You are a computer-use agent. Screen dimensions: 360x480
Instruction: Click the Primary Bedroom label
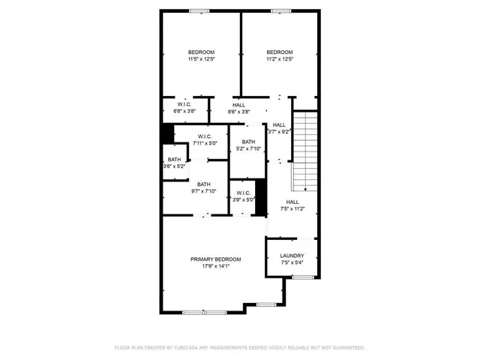click(215, 259)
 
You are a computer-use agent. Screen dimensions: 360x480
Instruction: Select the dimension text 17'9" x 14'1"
click(215, 266)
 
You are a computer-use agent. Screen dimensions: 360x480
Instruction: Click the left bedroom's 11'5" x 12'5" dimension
click(201, 59)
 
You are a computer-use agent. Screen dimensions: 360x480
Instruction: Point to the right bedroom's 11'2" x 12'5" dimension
click(279, 59)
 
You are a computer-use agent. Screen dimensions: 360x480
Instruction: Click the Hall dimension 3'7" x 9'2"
click(279, 132)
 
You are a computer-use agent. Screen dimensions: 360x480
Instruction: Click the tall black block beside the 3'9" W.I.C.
click(261, 197)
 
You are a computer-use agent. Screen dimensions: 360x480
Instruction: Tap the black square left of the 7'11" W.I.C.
click(167, 133)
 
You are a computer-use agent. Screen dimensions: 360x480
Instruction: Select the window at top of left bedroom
click(199, 10)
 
